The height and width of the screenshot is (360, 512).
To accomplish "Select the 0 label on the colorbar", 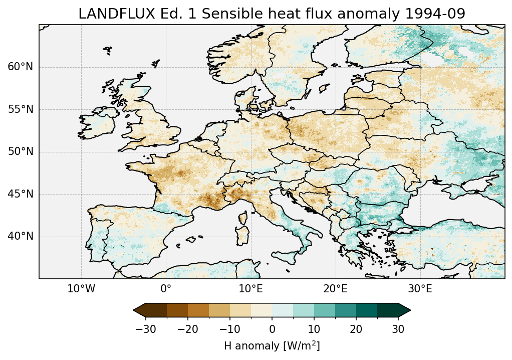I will (x=272, y=329).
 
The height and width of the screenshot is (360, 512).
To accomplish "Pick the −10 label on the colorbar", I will (x=229, y=329).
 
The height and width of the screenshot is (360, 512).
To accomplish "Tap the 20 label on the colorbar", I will (x=356, y=329).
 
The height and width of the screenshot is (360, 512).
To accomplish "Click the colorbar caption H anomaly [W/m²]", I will (x=272, y=346).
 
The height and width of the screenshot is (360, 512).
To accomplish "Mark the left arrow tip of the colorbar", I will (x=134, y=310).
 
